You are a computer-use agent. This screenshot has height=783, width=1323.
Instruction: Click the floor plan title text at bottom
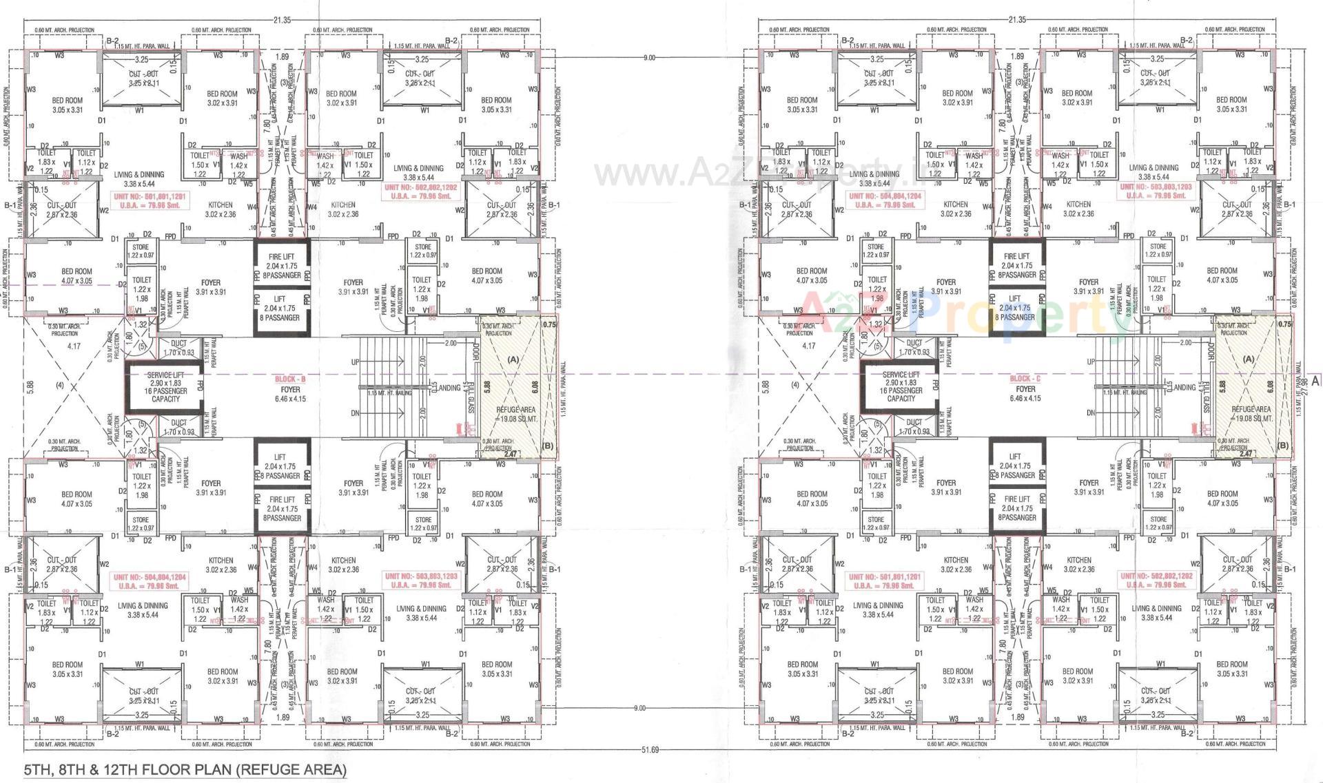[x=185, y=769]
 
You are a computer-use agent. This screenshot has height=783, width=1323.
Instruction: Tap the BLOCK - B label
[x=290, y=379]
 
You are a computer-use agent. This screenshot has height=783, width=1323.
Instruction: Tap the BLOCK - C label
[x=1025, y=379]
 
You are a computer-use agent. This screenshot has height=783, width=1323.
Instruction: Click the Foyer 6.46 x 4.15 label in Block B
[x=290, y=394]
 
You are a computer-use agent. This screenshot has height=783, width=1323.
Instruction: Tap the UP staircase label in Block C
[x=1091, y=362]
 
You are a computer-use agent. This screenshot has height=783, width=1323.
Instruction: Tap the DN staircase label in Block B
[x=356, y=413]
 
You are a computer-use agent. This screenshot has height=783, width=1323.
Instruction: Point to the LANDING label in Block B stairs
[x=449, y=388]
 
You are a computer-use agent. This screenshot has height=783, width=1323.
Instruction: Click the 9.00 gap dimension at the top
[x=648, y=59]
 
